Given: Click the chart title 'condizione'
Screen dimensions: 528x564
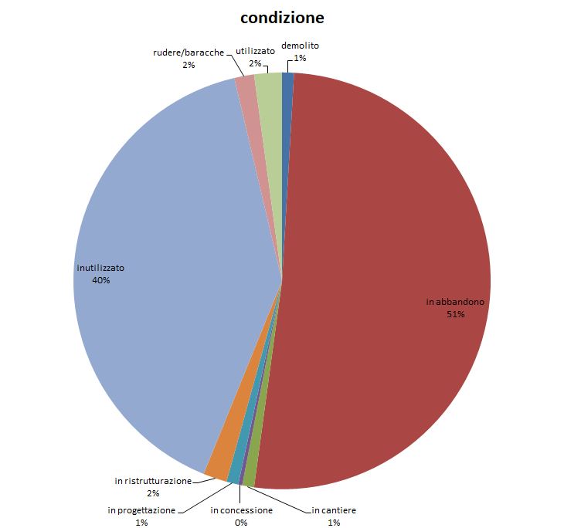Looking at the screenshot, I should click(282, 17).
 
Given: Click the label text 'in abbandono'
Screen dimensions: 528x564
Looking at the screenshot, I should click(456, 302).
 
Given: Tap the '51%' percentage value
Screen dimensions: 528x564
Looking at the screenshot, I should click(455, 314).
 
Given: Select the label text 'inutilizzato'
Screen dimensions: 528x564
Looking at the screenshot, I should click(100, 268).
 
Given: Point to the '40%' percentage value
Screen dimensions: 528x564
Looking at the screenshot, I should click(100, 280).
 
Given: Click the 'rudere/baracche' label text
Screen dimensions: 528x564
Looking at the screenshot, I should click(189, 52).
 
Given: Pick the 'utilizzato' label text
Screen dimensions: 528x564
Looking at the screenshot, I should click(255, 51).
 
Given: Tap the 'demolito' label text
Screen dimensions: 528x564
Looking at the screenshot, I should click(300, 46).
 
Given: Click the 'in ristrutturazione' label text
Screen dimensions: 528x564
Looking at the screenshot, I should click(153, 481).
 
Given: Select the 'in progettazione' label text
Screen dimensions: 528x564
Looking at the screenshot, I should click(141, 510).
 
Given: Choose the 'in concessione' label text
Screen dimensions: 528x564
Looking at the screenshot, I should click(242, 510).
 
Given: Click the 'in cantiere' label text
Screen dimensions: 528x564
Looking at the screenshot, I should click(334, 510).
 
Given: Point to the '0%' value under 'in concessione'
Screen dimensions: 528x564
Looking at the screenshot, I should click(242, 523).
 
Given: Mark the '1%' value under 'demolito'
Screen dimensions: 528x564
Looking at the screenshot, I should click(300, 58).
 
